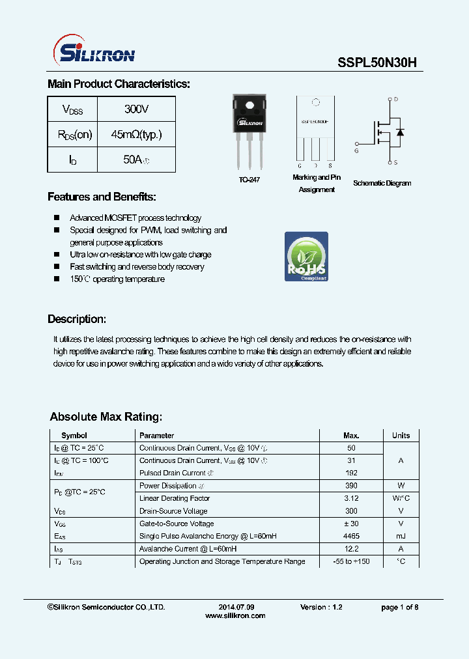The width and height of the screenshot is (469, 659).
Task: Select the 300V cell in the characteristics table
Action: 136,109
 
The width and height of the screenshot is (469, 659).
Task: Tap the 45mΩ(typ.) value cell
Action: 136,135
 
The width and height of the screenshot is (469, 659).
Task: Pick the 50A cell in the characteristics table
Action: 136,160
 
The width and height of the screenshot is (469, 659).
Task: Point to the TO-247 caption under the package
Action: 249,180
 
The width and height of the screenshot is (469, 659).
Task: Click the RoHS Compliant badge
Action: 306,257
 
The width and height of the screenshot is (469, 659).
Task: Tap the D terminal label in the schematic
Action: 396,100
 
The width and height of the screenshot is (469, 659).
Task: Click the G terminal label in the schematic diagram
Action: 356,150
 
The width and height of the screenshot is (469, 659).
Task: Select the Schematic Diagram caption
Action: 382,184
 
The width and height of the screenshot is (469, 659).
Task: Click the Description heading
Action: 77,320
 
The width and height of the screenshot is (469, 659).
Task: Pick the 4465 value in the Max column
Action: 351,536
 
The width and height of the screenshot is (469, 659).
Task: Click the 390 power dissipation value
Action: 351,486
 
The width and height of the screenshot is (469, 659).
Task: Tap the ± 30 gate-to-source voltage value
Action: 351,524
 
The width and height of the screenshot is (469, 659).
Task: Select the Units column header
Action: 401,436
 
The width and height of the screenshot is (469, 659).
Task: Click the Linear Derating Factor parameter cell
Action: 175,498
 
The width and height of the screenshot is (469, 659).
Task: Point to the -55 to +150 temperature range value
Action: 351,561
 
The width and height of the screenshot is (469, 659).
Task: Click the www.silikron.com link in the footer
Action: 235,615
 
